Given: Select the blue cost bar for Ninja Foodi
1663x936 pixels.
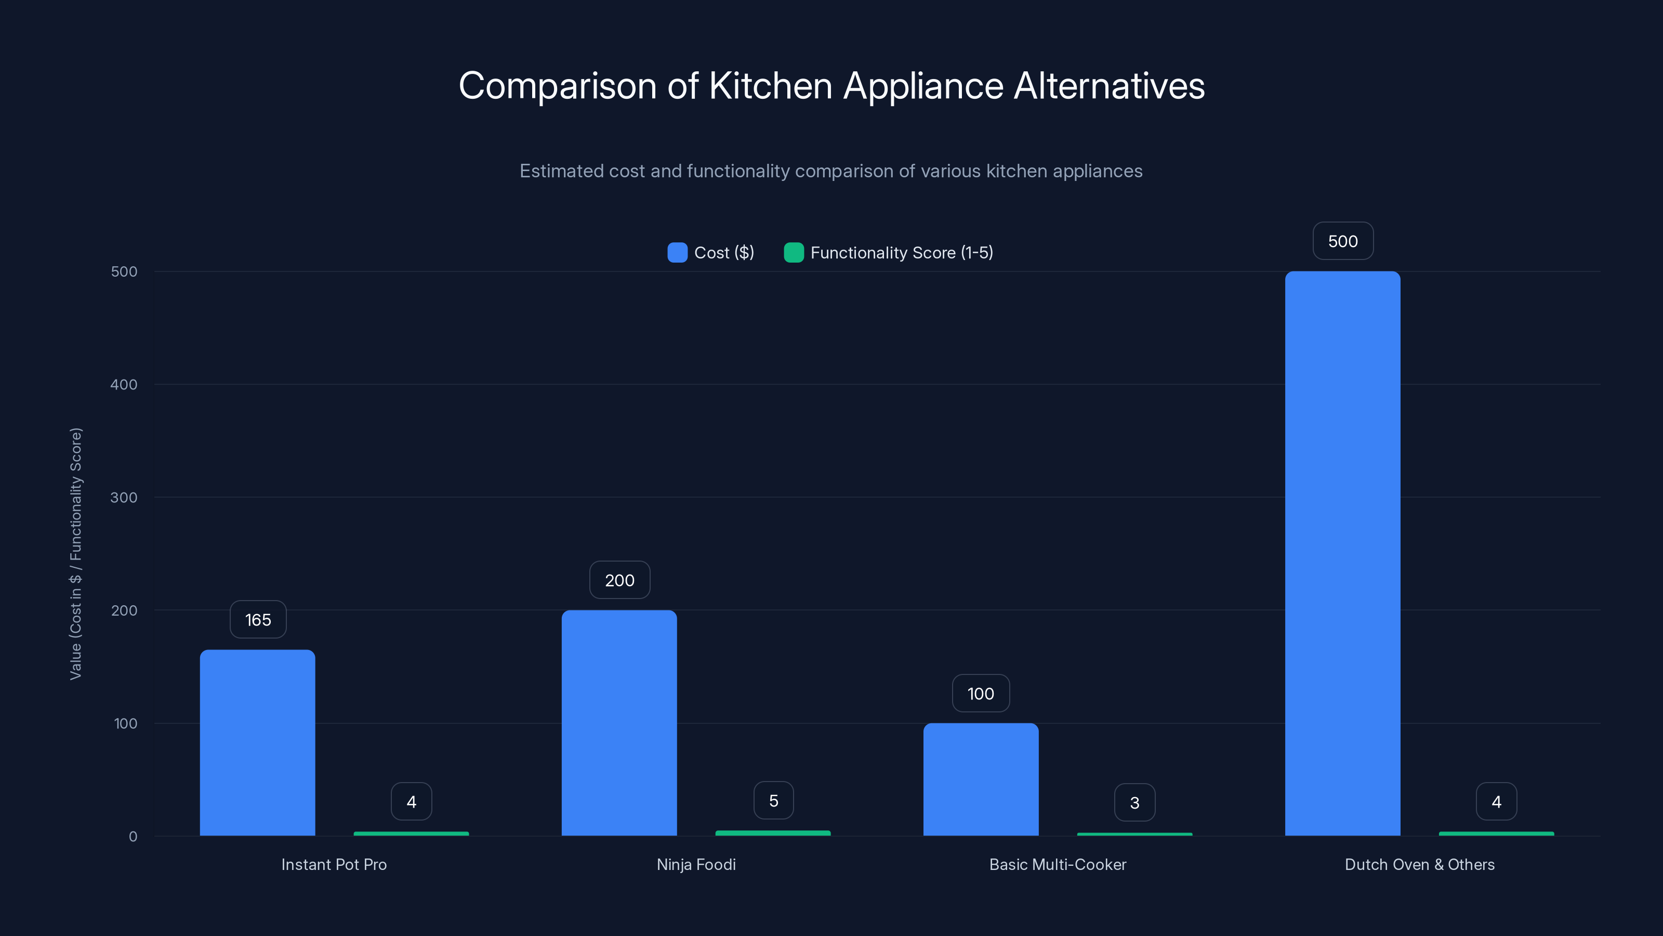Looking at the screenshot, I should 619,723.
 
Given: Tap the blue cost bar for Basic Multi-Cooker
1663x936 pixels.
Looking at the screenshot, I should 981,779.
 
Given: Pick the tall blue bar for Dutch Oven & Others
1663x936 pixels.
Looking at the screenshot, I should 1342,554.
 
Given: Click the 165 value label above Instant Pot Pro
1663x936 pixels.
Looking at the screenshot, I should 258,619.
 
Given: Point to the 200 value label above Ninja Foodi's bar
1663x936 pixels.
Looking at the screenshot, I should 619,580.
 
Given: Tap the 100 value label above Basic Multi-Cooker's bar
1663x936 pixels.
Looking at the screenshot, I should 981,693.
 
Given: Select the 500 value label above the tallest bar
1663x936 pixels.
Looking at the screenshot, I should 1343,241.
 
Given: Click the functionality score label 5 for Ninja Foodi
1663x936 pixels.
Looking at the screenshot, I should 773,801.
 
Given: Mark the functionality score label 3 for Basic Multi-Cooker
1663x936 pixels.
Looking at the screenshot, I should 1134,802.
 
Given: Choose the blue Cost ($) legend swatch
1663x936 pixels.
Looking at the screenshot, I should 677,253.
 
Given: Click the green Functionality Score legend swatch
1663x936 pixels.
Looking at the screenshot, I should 794,253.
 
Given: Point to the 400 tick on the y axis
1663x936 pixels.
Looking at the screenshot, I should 124,384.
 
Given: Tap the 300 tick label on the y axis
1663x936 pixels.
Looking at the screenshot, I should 124,498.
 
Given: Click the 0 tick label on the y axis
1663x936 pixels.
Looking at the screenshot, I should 133,837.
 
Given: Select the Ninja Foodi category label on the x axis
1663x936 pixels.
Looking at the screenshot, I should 696,864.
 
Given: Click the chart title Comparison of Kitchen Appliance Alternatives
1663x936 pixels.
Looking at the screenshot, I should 831,86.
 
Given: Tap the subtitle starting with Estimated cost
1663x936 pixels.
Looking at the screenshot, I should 831,171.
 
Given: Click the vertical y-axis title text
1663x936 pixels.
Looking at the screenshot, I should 76,554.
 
